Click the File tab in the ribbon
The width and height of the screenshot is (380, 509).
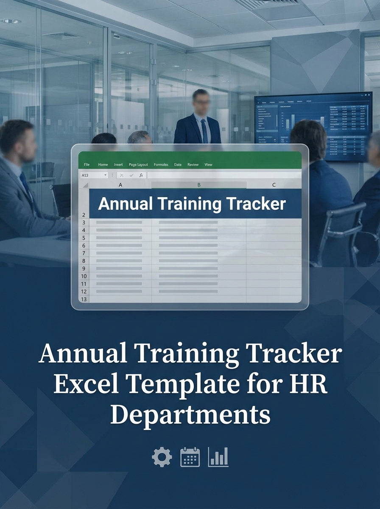(x=87, y=165)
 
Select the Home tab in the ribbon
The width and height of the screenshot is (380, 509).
(x=103, y=165)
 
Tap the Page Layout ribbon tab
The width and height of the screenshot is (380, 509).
(x=138, y=165)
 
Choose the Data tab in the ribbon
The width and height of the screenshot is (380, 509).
(x=178, y=165)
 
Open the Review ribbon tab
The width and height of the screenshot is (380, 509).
(x=193, y=165)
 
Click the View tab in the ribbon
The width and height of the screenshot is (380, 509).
(x=208, y=165)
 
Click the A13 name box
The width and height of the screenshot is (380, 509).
(x=94, y=175)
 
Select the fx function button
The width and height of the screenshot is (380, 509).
(x=141, y=175)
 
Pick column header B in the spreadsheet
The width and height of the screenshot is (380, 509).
(x=198, y=185)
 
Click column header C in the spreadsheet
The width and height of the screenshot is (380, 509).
(x=274, y=185)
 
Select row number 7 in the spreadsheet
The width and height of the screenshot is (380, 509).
(x=84, y=253)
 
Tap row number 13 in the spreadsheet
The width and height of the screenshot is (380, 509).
(x=84, y=299)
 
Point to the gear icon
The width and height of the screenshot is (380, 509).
(x=162, y=457)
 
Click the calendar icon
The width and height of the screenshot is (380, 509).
(x=190, y=457)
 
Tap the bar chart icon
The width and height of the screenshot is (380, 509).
(x=218, y=457)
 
